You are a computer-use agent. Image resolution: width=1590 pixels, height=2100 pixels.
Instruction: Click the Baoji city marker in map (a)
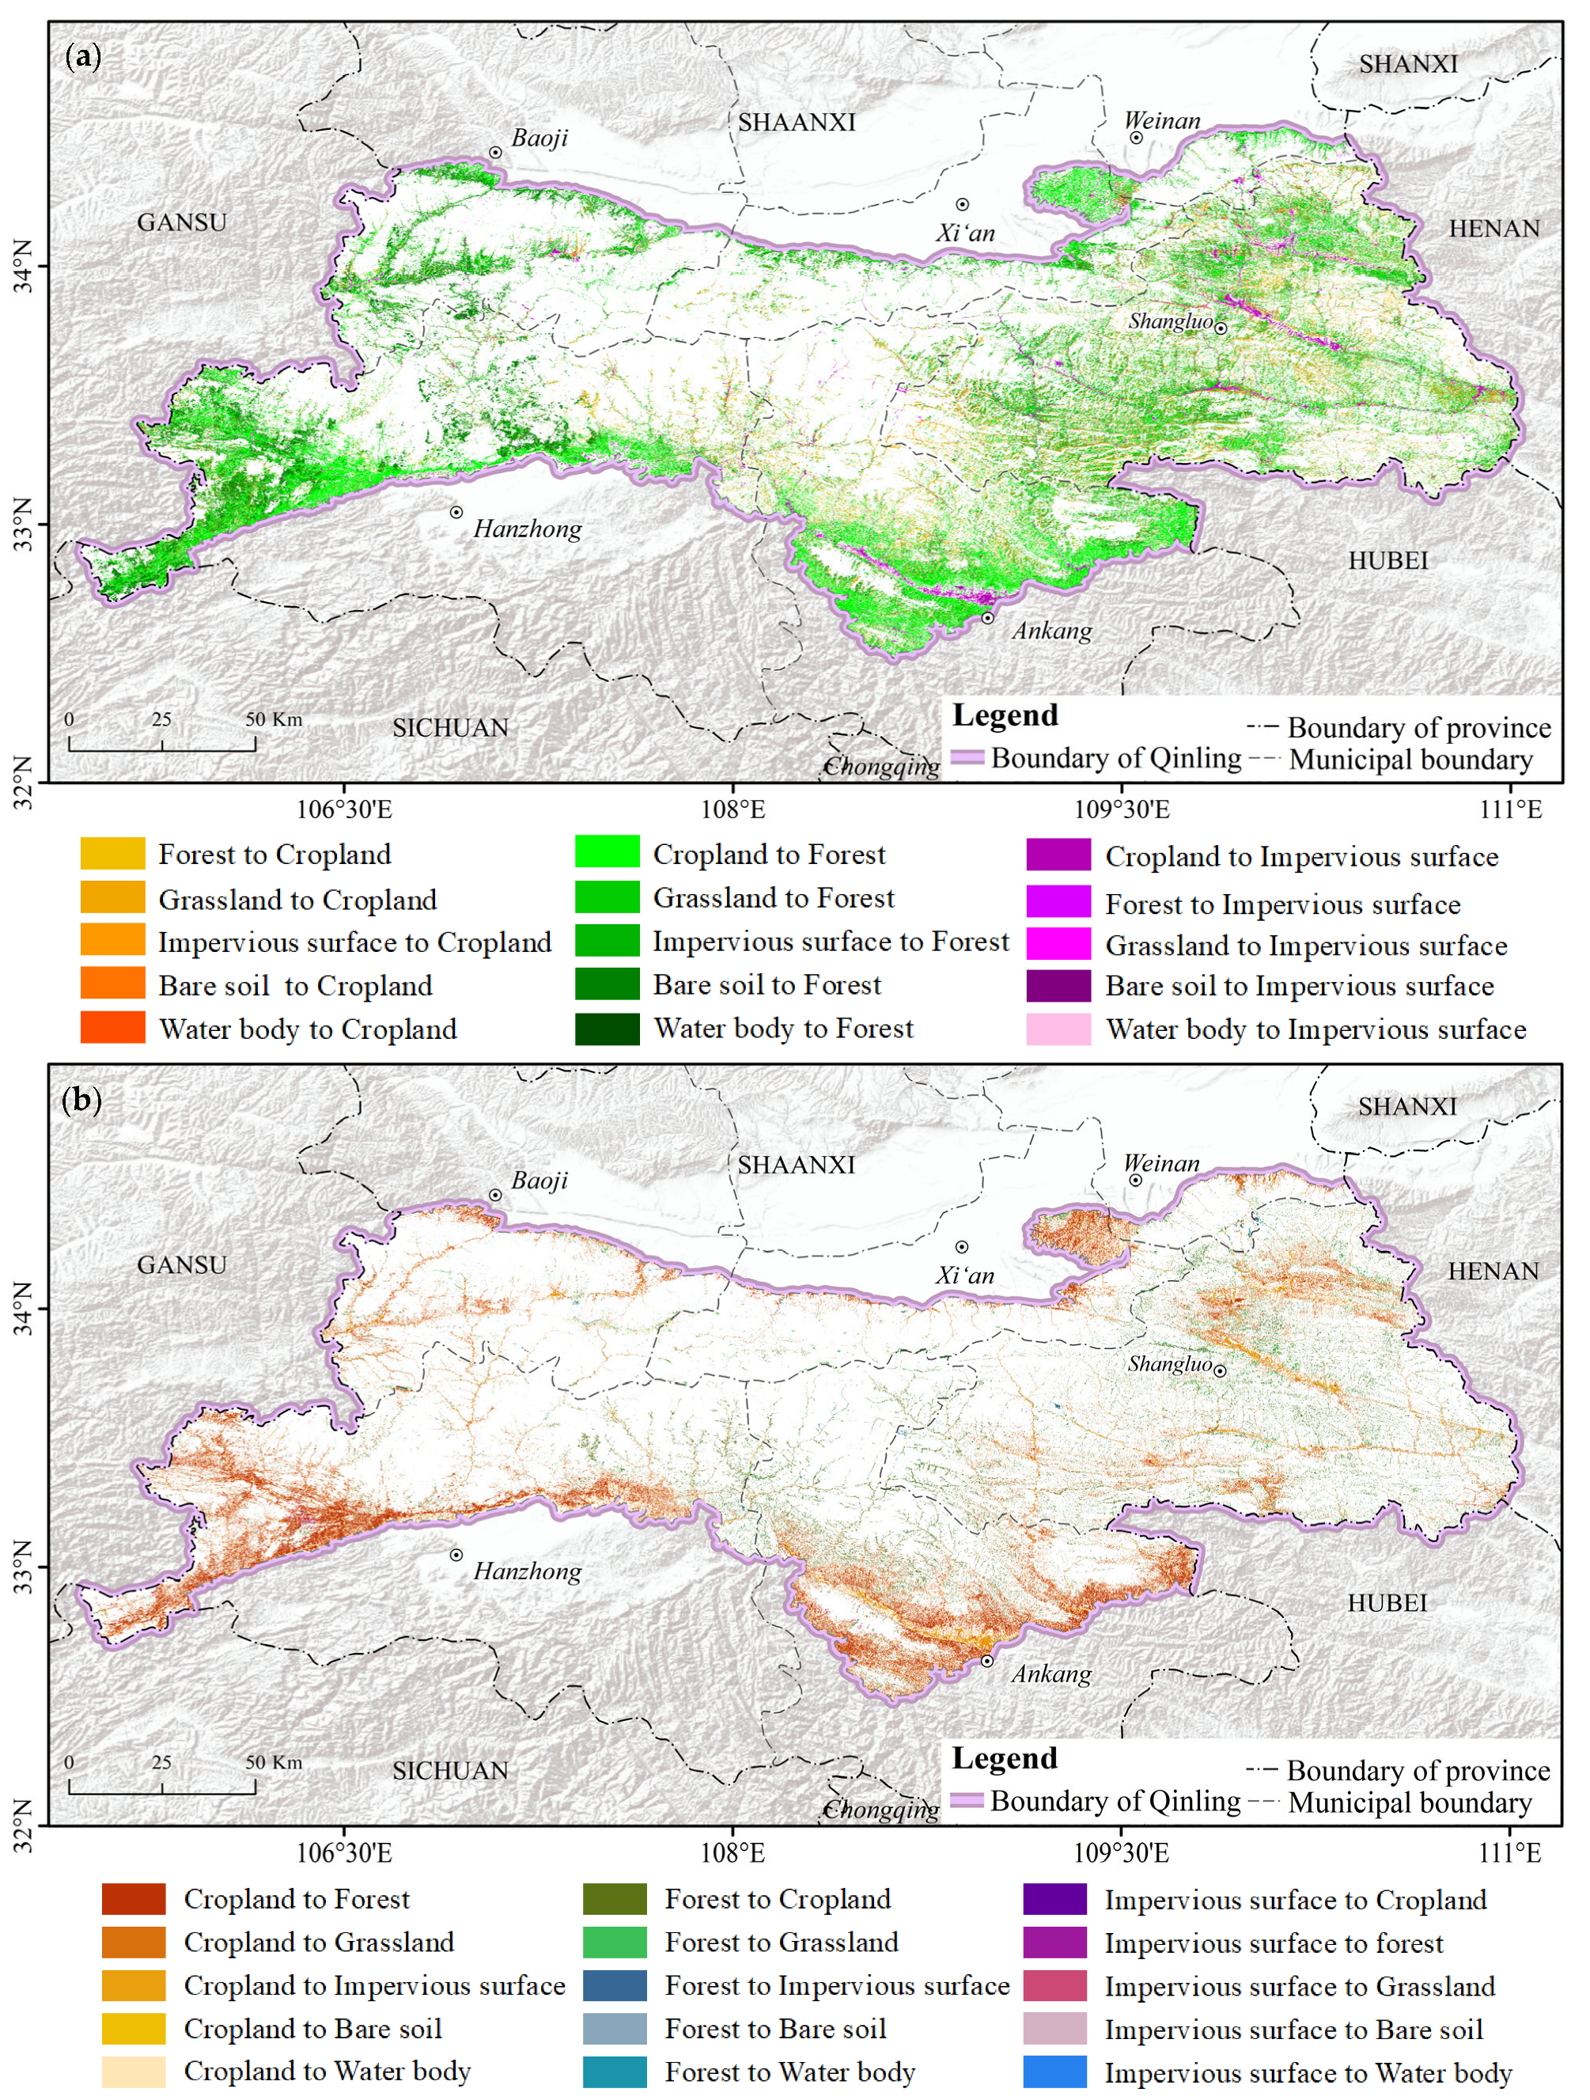495,153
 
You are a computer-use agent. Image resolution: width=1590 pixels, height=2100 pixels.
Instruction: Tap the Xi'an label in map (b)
964,1275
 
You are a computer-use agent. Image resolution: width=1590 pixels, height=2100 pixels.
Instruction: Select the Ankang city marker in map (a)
987,618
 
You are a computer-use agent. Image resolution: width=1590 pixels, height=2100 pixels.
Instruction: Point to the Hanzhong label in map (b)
527,1571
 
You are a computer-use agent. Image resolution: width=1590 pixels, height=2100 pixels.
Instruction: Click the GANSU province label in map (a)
181,222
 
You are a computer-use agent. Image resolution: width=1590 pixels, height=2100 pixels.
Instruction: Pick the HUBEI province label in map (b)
1387,1602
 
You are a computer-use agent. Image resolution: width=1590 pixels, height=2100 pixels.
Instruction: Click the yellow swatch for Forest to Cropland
113,854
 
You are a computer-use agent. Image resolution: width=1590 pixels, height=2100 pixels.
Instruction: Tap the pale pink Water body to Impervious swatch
1058,1029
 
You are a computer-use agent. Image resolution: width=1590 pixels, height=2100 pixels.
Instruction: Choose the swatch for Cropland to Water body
134,2071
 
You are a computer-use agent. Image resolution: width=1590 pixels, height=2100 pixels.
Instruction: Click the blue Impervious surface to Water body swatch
1054,2072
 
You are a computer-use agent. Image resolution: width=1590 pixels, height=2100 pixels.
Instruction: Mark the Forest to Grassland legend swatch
615,1942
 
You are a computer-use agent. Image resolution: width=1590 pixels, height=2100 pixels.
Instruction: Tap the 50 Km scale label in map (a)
274,719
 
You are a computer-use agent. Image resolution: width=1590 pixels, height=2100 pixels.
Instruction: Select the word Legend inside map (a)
1005,715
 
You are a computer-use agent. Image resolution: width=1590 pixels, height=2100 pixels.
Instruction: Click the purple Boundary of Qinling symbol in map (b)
967,1800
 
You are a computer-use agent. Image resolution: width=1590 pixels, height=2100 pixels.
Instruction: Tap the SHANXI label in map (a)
1408,63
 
